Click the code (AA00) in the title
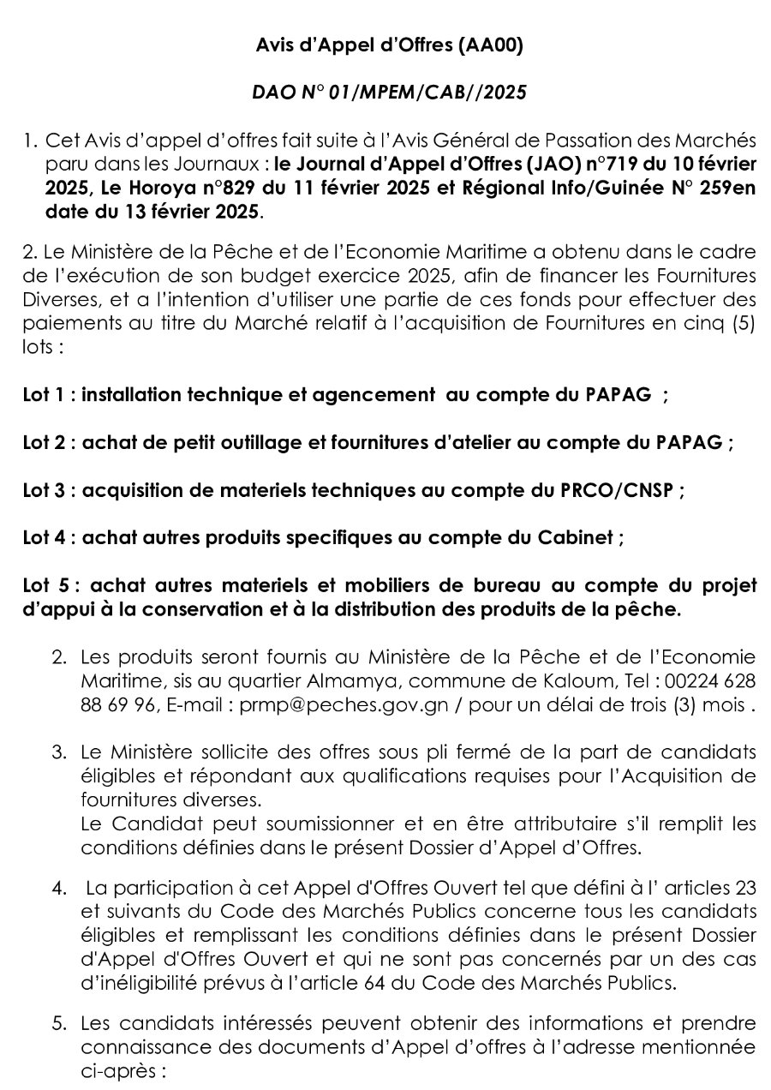[x=491, y=47]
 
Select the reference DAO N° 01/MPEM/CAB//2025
[x=390, y=93]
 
